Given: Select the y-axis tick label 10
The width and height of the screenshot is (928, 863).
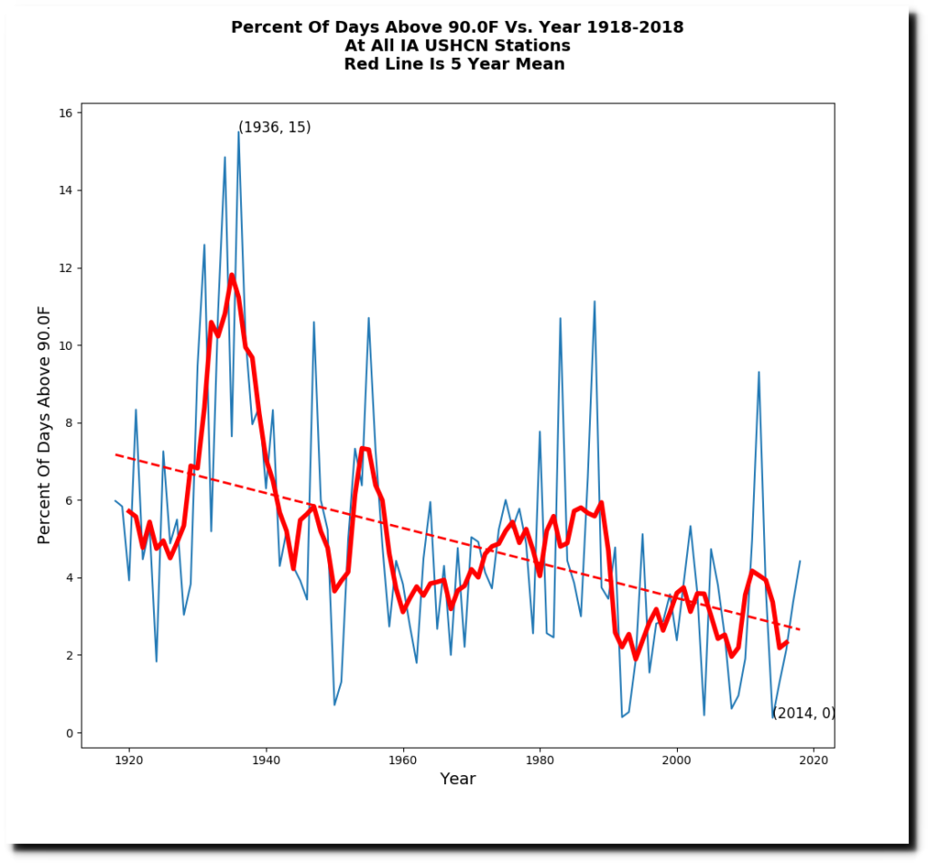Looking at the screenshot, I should pyautogui.click(x=66, y=345).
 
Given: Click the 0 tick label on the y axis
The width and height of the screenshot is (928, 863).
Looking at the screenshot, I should pyautogui.click(x=70, y=732).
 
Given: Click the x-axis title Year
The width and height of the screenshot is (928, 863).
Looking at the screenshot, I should pyautogui.click(x=458, y=779).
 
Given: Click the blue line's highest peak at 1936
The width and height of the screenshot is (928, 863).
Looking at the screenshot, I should pyautogui.click(x=238, y=131).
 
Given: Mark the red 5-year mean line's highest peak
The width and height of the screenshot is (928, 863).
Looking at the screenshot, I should pyautogui.click(x=232, y=275).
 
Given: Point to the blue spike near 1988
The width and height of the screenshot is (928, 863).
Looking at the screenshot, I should pyautogui.click(x=594, y=301).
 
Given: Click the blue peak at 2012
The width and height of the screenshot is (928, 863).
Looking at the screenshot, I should pyautogui.click(x=759, y=372).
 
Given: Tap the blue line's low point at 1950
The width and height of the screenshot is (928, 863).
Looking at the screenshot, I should pyautogui.click(x=334, y=704).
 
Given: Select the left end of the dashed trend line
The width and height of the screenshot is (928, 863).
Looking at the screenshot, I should pyautogui.click(x=116, y=454).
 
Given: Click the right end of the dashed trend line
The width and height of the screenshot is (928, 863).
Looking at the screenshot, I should pyautogui.click(x=799, y=629).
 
